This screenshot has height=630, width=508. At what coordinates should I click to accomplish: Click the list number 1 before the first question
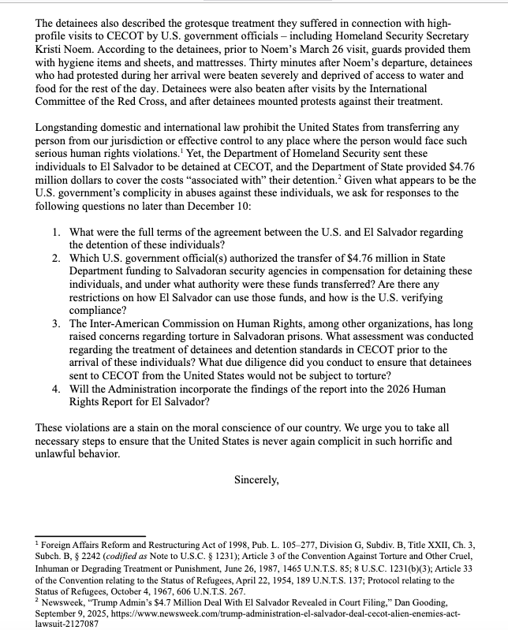57,233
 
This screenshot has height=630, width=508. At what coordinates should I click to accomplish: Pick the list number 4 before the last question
57,389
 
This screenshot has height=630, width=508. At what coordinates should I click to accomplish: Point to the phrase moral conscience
214,427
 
